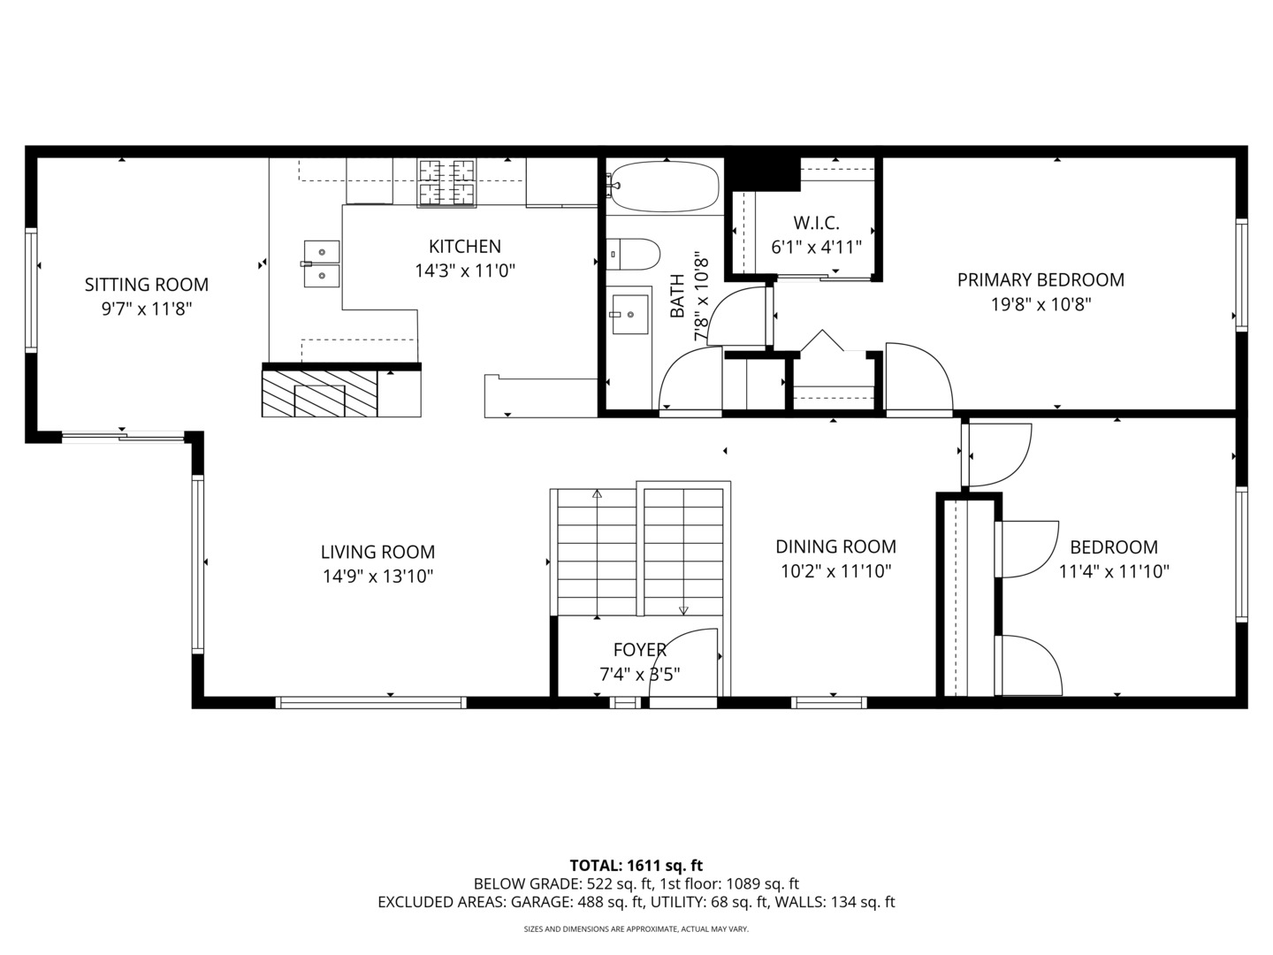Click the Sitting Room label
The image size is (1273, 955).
tap(147, 285)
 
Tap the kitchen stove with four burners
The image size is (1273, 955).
tap(446, 182)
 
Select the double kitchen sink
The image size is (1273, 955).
tap(322, 264)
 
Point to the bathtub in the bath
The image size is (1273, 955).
tap(664, 186)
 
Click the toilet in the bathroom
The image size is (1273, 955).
tap(634, 255)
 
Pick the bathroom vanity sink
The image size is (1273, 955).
tap(629, 314)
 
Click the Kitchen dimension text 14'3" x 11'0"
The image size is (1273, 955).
tap(465, 271)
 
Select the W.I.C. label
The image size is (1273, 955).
tap(816, 223)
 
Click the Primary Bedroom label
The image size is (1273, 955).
tap(1041, 280)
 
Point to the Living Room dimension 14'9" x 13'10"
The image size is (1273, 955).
tap(377, 577)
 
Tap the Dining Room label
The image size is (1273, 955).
tap(835, 546)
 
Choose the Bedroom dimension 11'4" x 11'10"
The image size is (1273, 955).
tap(1114, 571)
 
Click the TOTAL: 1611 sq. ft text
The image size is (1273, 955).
tap(636, 865)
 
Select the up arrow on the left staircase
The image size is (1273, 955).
tap(597, 494)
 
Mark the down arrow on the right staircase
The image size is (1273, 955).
tap(683, 609)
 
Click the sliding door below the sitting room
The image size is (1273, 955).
tap(123, 434)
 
